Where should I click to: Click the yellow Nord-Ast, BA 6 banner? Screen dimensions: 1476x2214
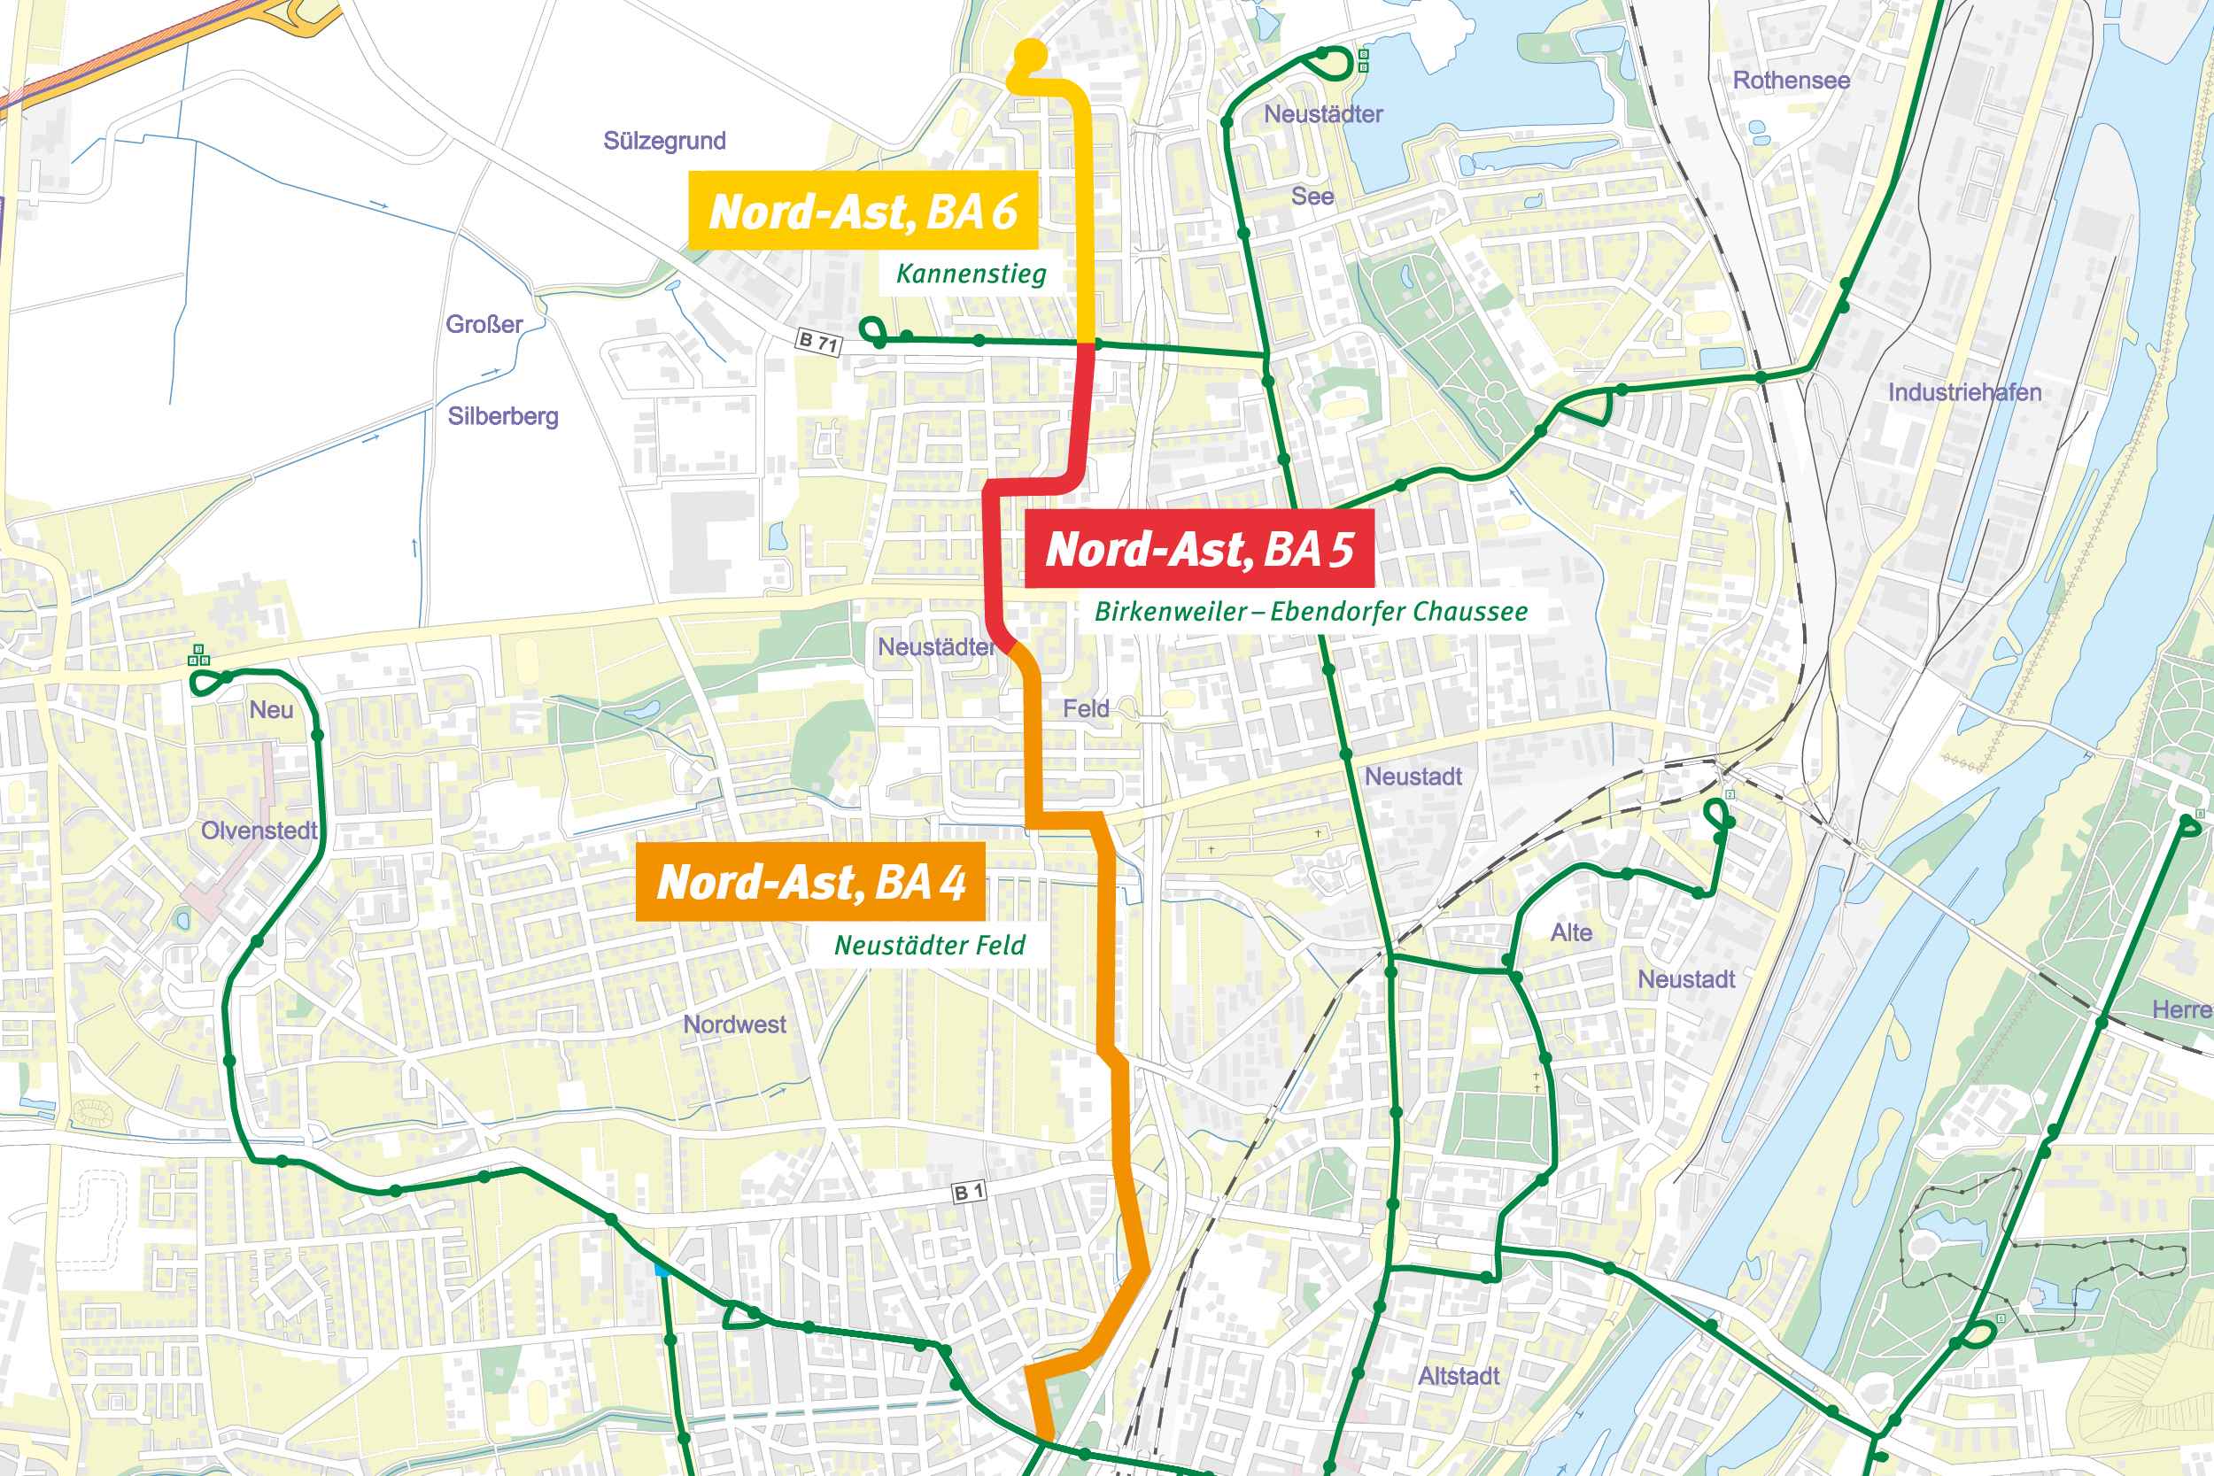click(x=863, y=211)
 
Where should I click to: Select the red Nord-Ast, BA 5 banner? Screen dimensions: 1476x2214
click(x=1198, y=549)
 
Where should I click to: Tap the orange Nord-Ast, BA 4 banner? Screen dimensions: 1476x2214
click(x=810, y=882)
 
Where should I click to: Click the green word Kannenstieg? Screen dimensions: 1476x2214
click(x=971, y=274)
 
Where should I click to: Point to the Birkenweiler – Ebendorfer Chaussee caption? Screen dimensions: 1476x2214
click(x=1311, y=612)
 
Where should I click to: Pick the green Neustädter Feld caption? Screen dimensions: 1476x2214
click(x=929, y=945)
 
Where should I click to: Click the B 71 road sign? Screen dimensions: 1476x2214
click(x=817, y=342)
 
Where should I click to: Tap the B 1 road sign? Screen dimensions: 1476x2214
click(x=969, y=1193)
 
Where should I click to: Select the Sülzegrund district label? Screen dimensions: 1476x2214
click(x=664, y=141)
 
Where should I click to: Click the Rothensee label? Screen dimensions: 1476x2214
click(x=1792, y=81)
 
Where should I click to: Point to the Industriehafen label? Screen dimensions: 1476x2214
click(x=1964, y=392)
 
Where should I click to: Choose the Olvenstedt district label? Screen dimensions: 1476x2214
click(x=259, y=831)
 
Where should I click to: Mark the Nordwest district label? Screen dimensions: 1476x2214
click(x=734, y=1024)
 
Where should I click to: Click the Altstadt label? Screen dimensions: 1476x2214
click(x=1458, y=1376)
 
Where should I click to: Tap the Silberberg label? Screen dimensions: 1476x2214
click(x=503, y=416)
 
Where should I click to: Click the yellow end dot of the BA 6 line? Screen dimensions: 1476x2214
click(x=1032, y=54)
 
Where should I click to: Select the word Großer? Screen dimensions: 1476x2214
click(x=484, y=325)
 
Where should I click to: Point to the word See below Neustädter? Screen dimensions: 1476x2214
click(x=1312, y=197)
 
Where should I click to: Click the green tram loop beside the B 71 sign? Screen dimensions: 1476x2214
click(x=871, y=330)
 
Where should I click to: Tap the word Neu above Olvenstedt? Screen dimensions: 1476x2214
click(x=271, y=711)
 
